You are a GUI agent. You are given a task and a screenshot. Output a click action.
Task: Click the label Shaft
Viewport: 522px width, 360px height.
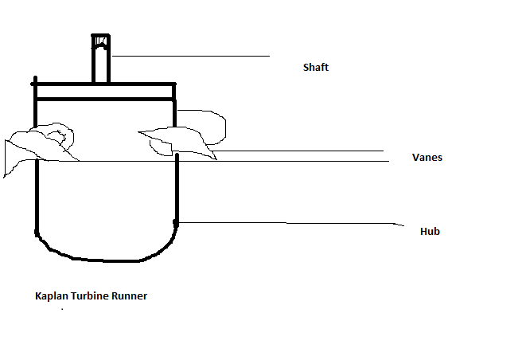pyautogui.click(x=315, y=68)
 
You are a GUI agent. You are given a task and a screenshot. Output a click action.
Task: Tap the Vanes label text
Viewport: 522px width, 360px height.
pyautogui.click(x=427, y=158)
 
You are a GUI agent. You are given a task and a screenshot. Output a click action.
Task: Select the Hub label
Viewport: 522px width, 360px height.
pyautogui.click(x=430, y=232)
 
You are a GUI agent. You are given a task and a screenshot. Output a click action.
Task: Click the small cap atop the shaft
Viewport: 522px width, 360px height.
pyautogui.click(x=100, y=41)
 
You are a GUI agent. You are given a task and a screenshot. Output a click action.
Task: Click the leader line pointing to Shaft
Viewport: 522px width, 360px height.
pyautogui.click(x=191, y=57)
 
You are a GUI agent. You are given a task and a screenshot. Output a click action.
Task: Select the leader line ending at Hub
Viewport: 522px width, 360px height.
pyautogui.click(x=286, y=222)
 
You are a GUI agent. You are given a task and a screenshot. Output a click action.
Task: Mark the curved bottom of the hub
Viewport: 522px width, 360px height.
pyautogui.click(x=103, y=259)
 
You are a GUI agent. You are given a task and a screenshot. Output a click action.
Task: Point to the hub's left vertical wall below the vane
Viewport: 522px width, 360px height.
pyautogui.click(x=37, y=199)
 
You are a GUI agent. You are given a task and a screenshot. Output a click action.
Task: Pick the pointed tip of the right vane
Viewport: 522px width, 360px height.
pyautogui.click(x=214, y=158)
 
